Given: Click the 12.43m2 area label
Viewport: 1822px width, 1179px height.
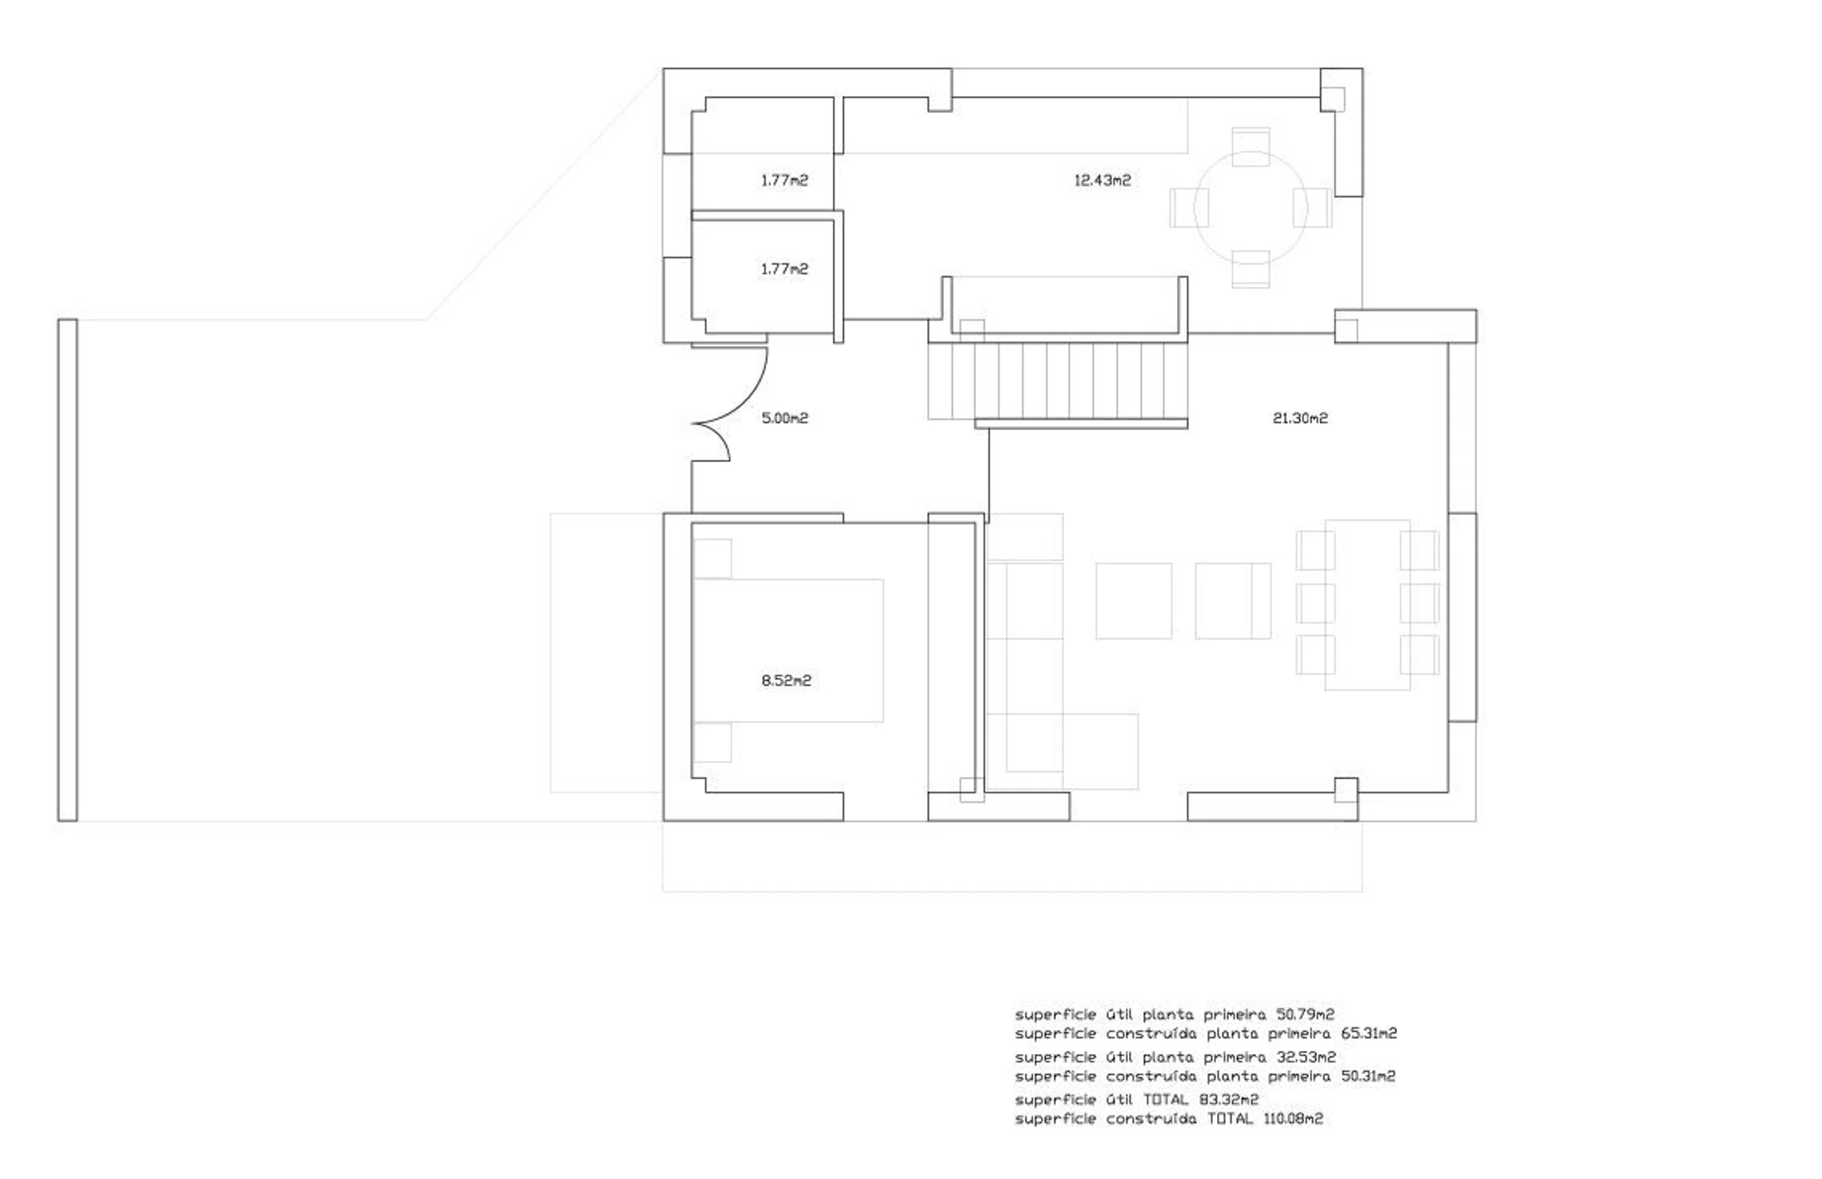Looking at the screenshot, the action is pos(1102,180).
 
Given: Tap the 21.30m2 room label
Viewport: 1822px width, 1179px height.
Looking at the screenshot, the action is pos(1300,418).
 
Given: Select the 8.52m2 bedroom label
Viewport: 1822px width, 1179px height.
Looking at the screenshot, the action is pos(786,681).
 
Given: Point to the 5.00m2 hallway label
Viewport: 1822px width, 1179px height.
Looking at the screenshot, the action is pos(785,418).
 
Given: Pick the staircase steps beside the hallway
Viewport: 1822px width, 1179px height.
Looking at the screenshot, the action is pos(1058,381).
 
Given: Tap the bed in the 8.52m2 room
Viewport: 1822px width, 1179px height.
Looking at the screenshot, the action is pos(788,651).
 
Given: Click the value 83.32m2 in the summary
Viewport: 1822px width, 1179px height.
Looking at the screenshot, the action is pos(1229,1100).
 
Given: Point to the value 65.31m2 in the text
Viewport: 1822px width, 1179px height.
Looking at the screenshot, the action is pos(1369,1034).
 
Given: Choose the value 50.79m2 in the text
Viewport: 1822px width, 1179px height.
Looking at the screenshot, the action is pos(1305,1015).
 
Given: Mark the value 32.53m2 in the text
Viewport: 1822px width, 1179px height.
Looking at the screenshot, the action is pos(1306,1057).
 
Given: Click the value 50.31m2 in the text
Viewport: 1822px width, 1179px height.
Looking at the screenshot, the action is pos(1368,1076).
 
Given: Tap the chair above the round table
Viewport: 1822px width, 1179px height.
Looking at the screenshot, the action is pos(1251,146).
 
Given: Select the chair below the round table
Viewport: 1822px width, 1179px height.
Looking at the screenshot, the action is pos(1251,269).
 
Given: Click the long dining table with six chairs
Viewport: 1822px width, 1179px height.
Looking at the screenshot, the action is pos(1368,605).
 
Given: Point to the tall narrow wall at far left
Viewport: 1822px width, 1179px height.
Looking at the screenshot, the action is pos(68,570).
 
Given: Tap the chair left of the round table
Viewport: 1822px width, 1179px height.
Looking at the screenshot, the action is pos(1189,208).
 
